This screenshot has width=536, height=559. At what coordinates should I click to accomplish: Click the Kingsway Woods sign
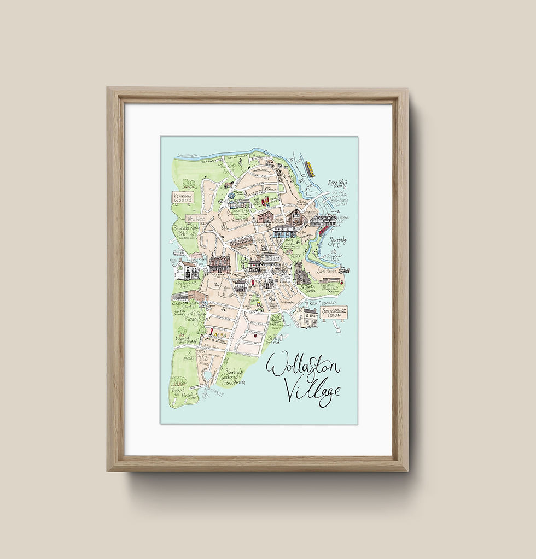coord(183,198)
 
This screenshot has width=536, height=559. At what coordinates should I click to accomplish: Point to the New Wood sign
coord(196,219)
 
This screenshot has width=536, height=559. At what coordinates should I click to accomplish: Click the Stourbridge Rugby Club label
coord(185,232)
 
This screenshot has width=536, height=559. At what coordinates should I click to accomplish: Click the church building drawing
coord(302,273)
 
